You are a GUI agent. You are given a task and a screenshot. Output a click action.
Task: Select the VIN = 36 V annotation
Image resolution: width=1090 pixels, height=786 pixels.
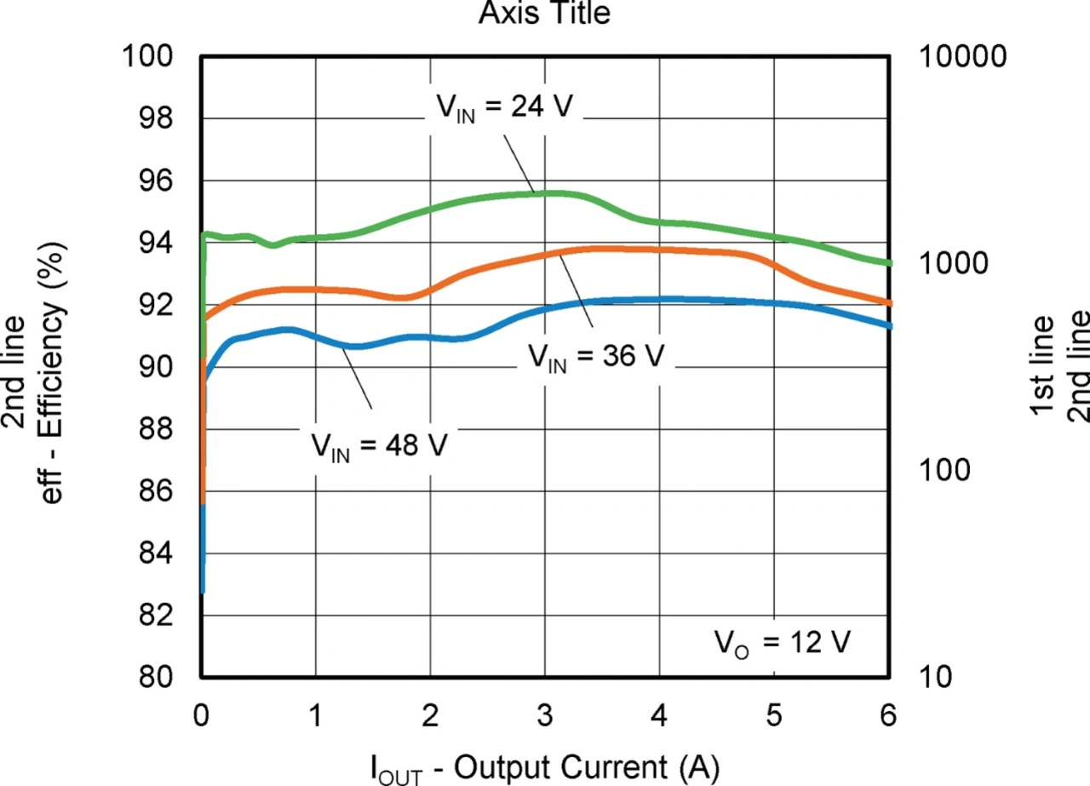[x=594, y=358]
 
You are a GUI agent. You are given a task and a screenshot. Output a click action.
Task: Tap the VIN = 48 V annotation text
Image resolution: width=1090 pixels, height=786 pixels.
[x=377, y=445]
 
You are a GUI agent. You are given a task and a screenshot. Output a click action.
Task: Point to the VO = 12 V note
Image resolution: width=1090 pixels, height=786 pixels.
[x=782, y=643]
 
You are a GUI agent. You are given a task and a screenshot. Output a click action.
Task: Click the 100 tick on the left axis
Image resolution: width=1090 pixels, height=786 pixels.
[x=150, y=57]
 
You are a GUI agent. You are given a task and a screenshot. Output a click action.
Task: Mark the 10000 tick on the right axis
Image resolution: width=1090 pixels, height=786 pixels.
[x=964, y=57]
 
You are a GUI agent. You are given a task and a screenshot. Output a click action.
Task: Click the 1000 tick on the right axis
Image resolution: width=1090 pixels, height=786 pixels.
[x=955, y=264]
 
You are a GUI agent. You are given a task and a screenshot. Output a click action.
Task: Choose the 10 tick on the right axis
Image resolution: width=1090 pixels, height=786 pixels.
[x=936, y=678]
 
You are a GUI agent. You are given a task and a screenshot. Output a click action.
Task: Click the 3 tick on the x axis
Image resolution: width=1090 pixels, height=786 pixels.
[x=545, y=715]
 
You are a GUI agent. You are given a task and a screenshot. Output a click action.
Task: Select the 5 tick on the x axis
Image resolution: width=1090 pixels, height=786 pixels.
[x=774, y=715]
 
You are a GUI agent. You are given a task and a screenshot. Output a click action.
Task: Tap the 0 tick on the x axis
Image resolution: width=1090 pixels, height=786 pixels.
[x=202, y=715]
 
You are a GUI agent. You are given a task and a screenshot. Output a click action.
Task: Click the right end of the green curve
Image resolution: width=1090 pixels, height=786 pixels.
[x=889, y=264]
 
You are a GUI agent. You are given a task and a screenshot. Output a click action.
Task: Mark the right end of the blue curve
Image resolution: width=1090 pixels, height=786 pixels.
[x=889, y=326]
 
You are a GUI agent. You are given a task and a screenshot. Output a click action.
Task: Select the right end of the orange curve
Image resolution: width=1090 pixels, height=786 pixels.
[x=889, y=303]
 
